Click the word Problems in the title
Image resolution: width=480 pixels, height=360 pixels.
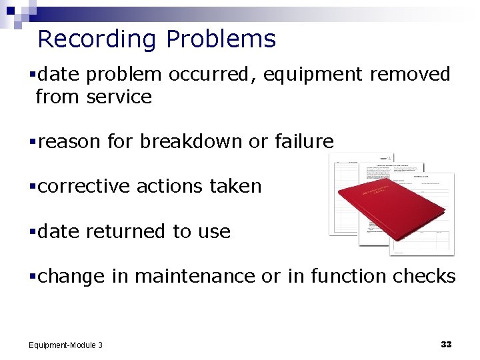pos(221,40)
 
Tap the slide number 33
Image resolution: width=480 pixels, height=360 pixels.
pos(446,344)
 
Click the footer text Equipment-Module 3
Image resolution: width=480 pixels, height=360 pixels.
pos(65,345)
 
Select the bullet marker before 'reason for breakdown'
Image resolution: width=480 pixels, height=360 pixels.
pos(32,142)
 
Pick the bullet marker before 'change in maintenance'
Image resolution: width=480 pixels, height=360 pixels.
pos(32,277)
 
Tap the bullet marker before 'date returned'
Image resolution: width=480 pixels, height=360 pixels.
pos(32,232)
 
